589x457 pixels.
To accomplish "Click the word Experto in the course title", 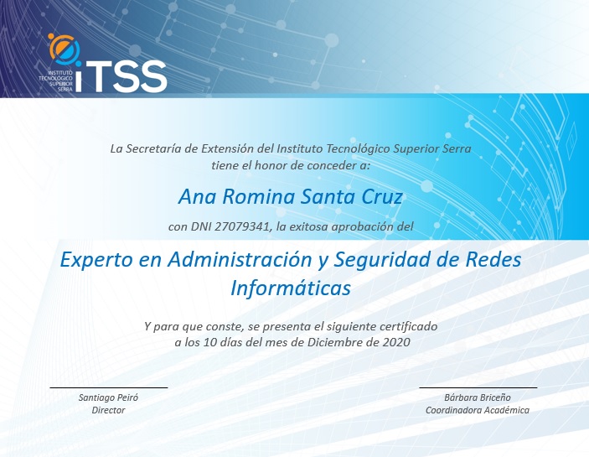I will coord(96,260).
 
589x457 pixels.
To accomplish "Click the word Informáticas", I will coord(290,288).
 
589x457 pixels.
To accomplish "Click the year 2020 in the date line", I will coord(396,342).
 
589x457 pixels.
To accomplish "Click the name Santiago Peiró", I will coord(108,397).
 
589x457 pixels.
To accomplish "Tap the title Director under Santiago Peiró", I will coord(108,410).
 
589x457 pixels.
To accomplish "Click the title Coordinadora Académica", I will coord(477,410).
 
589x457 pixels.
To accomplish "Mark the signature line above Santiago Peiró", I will coord(108,387).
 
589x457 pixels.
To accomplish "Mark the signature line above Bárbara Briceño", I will coord(478,387).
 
